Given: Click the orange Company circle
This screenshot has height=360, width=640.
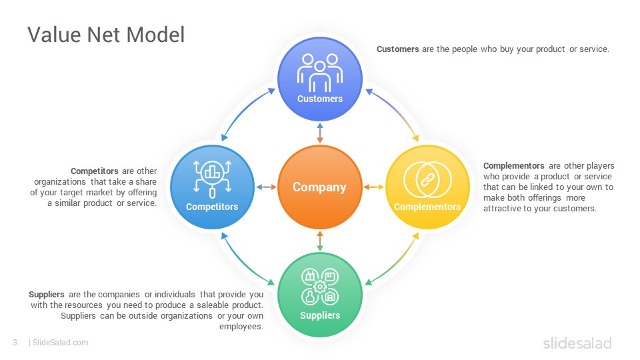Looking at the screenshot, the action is (319, 187).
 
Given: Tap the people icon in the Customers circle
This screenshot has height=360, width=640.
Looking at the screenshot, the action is (320, 73).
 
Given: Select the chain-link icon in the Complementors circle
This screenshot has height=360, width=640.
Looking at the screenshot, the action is (427, 179).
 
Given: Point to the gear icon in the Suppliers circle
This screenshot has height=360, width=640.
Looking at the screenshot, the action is (320, 286).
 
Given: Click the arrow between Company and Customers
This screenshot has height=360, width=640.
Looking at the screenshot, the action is (320, 133).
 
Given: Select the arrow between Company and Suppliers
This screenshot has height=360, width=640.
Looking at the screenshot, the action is (320, 241).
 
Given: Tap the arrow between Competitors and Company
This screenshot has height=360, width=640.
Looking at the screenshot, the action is (266, 187).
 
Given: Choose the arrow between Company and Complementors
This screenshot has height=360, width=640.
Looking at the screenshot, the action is (374, 187).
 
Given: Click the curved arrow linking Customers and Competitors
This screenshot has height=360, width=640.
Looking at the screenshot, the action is (243, 110).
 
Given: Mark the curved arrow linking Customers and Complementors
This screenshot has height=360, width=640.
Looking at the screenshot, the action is (397, 110).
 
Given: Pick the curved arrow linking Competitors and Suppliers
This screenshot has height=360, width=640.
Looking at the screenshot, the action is (243, 264).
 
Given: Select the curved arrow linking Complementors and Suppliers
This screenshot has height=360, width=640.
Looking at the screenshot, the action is (397, 264).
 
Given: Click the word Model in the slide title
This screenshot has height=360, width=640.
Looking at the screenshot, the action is (155, 34).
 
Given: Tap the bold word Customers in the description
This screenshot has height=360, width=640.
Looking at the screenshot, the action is (397, 49).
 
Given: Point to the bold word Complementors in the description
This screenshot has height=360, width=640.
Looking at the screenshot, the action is (513, 166).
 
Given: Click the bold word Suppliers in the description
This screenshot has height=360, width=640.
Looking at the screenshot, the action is (47, 295).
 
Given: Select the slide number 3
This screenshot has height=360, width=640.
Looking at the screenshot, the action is (15, 343).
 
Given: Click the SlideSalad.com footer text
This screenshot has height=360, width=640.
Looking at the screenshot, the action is (60, 343).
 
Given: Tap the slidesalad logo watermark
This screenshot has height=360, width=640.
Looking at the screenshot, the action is (577, 343).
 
